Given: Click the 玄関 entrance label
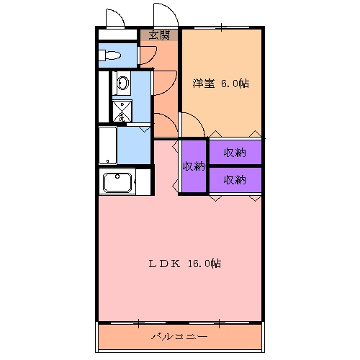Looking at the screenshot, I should pyautogui.click(x=159, y=34).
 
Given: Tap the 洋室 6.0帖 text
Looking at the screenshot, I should pyautogui.click(x=220, y=84).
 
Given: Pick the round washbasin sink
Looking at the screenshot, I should pyautogui.click(x=122, y=84).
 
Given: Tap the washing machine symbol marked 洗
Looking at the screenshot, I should pyautogui.click(x=122, y=111).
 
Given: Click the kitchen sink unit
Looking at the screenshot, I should pyautogui.click(x=120, y=182).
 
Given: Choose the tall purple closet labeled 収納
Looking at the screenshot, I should pyautogui.click(x=194, y=166).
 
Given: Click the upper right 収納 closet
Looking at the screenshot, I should pyautogui.click(x=235, y=152).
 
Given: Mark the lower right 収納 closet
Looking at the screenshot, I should pyautogui.click(x=235, y=180).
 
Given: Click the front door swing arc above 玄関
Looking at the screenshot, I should pyautogui.click(x=163, y=14).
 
